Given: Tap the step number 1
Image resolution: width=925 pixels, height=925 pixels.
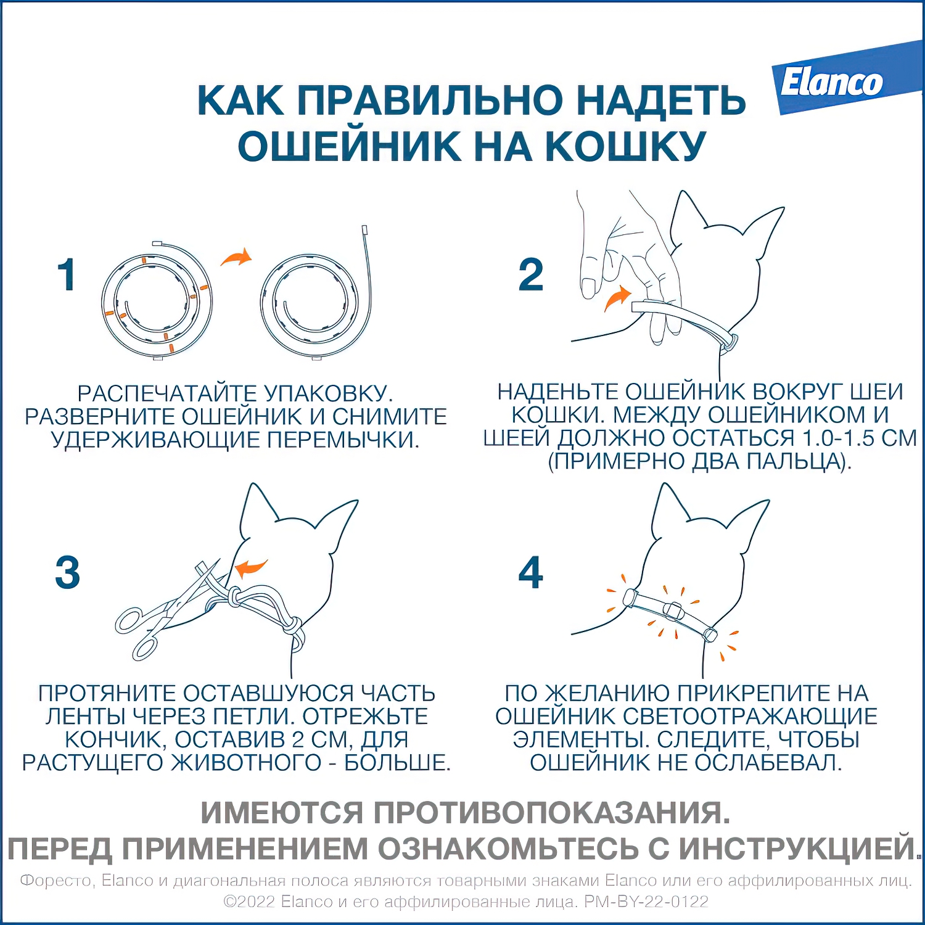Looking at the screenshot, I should [x=67, y=275].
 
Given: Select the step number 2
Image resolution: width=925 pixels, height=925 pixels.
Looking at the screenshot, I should [x=530, y=275].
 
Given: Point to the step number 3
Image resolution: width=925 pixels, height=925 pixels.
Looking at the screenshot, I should [x=67, y=572].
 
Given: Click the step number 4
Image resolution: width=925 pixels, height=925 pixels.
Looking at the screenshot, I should [x=530, y=572].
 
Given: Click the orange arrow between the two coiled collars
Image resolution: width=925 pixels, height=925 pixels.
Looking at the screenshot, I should [x=236, y=257].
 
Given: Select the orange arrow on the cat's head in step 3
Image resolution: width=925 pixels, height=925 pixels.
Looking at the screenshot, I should [x=251, y=567].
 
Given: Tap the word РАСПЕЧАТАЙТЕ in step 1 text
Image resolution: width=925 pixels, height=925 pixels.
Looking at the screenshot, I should [x=166, y=393].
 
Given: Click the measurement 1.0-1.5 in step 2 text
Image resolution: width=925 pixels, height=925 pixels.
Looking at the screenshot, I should [x=838, y=438].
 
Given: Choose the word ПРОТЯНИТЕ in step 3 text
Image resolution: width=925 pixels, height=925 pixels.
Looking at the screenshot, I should [x=107, y=693].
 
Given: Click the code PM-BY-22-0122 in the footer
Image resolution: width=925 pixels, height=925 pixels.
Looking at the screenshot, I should [x=646, y=902].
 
